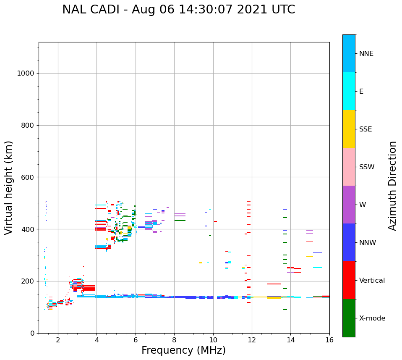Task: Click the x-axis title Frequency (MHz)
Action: click(x=183, y=350)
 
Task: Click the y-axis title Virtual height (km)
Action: click(x=9, y=188)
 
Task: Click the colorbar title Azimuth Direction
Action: click(x=392, y=186)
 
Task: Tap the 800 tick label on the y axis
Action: click(x=28, y=126)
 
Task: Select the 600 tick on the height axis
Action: click(x=28, y=177)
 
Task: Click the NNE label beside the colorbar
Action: click(x=366, y=54)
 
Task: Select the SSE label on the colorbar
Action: click(x=365, y=129)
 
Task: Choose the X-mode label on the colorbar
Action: click(x=372, y=318)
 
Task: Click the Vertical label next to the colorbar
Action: click(x=372, y=281)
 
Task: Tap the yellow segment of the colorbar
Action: click(x=349, y=129)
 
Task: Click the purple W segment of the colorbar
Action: click(x=349, y=205)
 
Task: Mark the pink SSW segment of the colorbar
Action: click(x=349, y=167)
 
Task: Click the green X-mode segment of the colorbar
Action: click(x=349, y=318)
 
